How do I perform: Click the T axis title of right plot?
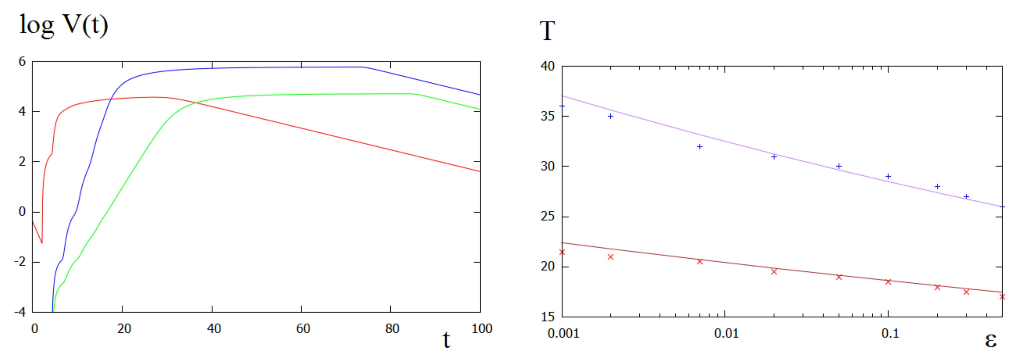point(547,31)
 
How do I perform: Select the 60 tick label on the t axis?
point(303,328)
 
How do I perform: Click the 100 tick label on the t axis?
point(482,328)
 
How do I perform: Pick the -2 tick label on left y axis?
point(20,261)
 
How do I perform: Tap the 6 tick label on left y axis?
point(22,61)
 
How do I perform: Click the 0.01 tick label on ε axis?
point(726,333)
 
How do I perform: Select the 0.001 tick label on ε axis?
point(563,333)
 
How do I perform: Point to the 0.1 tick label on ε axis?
point(890,333)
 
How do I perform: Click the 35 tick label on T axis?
point(547,116)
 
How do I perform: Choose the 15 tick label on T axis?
point(547,317)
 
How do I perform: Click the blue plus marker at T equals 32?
point(700,147)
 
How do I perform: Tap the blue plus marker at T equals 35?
point(610,116)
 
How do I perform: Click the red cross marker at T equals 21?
point(610,257)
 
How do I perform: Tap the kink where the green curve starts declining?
point(413,94)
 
